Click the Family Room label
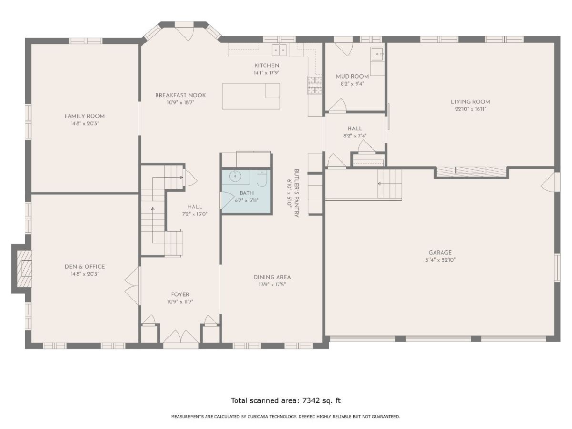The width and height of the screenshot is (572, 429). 84,116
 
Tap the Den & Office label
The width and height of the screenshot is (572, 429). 85,266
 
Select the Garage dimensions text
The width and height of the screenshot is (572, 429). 440,260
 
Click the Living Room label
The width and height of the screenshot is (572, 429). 470,102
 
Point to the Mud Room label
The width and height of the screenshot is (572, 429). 352,77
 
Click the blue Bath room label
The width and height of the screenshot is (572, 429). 246,193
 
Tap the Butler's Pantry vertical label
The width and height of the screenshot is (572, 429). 296,193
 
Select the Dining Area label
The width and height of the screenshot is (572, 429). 272,277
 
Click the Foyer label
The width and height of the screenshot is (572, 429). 180,294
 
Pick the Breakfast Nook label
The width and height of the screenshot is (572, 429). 181,95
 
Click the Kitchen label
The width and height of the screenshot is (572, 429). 266,65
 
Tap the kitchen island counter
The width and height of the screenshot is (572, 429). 251,96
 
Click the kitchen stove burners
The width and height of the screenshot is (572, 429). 315,85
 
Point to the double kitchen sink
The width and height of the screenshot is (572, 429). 279,50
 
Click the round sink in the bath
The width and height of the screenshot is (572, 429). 235,176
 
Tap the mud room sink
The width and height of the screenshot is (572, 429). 378,54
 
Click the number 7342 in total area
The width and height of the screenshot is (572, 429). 311,400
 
